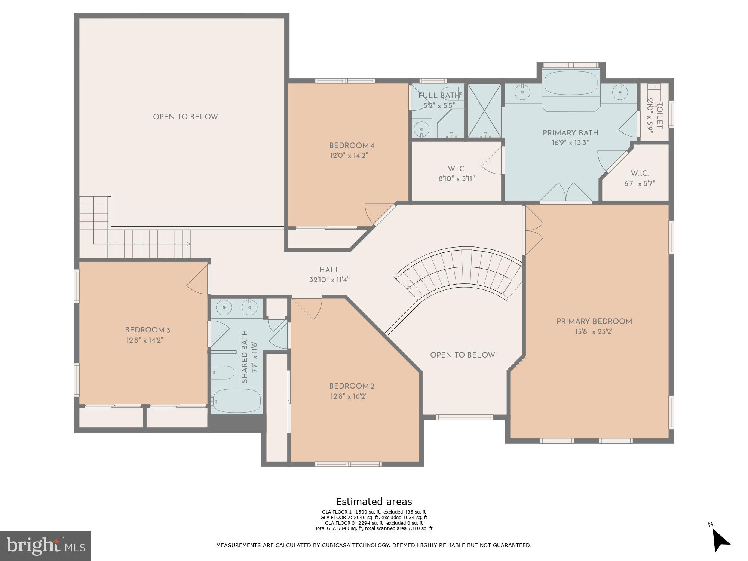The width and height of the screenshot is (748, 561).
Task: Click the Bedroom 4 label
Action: (351, 145)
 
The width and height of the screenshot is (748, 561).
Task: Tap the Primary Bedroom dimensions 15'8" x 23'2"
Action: (594, 332)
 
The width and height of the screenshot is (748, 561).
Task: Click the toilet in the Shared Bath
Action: (223, 373)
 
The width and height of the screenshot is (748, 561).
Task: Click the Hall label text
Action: (329, 270)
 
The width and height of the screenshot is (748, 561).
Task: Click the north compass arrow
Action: (720, 540)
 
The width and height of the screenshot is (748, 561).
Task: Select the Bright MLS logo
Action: (45, 546)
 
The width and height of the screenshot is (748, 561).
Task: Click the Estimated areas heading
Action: (374, 502)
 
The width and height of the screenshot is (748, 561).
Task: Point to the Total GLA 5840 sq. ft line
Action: (374, 528)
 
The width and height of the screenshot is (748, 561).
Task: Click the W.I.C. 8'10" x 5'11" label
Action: (456, 174)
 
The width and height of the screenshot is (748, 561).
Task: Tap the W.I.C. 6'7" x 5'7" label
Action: (639, 178)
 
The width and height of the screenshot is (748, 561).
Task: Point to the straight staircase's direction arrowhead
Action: (189, 244)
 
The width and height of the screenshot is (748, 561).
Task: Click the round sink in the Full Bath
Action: (422, 129)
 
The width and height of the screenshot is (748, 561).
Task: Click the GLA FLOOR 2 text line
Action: (374, 518)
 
